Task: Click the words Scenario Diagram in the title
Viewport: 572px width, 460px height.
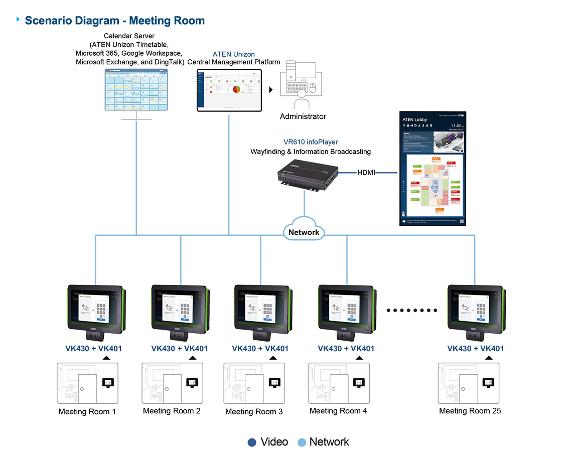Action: pyautogui.click(x=71, y=21)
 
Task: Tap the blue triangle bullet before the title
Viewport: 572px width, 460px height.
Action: pyautogui.click(x=19, y=20)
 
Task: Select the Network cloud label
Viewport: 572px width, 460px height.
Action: pyautogui.click(x=304, y=232)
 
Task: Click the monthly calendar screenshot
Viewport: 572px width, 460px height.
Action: pyautogui.click(x=137, y=90)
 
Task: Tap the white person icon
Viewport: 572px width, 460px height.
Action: pyautogui.click(x=301, y=100)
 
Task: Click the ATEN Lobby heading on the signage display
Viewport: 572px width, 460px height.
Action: pyautogui.click(x=414, y=119)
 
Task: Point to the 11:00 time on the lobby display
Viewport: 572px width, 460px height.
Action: pyautogui.click(x=456, y=126)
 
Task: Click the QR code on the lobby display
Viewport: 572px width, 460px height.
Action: pyautogui.click(x=461, y=221)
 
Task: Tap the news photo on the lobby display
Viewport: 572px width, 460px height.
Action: pyautogui.click(x=449, y=142)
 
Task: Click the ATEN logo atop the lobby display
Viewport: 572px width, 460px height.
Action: pyautogui.click(x=457, y=115)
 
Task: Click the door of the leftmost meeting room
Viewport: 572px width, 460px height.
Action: pyautogui.click(x=87, y=387)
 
